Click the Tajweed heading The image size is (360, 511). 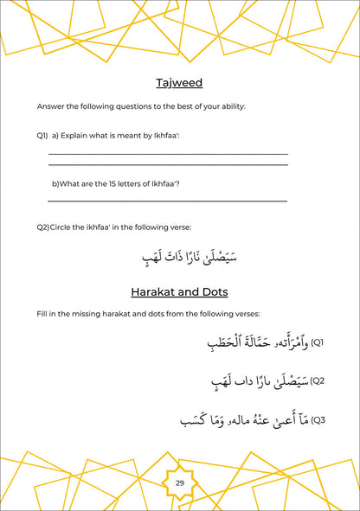[179, 83]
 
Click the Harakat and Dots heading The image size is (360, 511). [179, 291]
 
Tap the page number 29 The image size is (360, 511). [180, 482]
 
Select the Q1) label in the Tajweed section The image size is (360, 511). [42, 136]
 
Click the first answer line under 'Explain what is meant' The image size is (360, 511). [167, 154]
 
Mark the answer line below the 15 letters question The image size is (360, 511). [167, 201]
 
